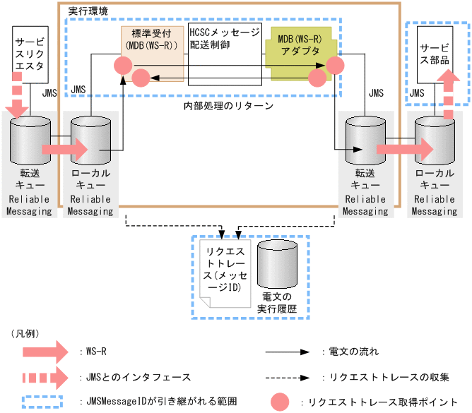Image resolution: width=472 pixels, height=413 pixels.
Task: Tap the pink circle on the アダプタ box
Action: [x=334, y=66]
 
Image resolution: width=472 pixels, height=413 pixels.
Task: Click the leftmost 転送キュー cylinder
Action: [x=30, y=140]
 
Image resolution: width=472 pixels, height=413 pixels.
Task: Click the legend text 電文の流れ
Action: [x=350, y=351]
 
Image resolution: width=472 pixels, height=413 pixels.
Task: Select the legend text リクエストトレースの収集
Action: [x=384, y=376]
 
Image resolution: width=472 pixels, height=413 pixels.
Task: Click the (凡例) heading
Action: [x=26, y=332]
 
